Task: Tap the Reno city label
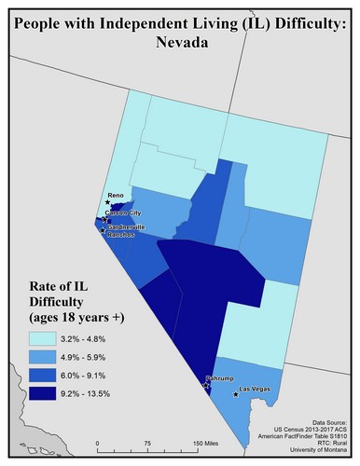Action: click(116, 196)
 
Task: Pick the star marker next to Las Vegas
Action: click(236, 394)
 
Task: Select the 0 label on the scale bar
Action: click(98, 443)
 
